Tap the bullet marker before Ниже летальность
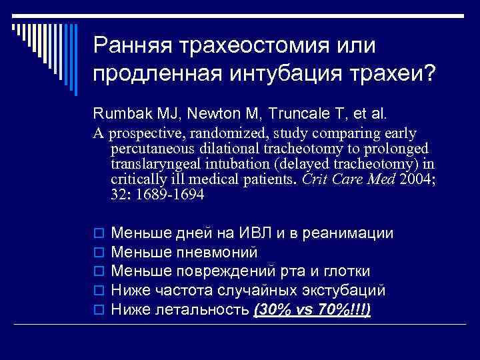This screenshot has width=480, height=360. [97, 310]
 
